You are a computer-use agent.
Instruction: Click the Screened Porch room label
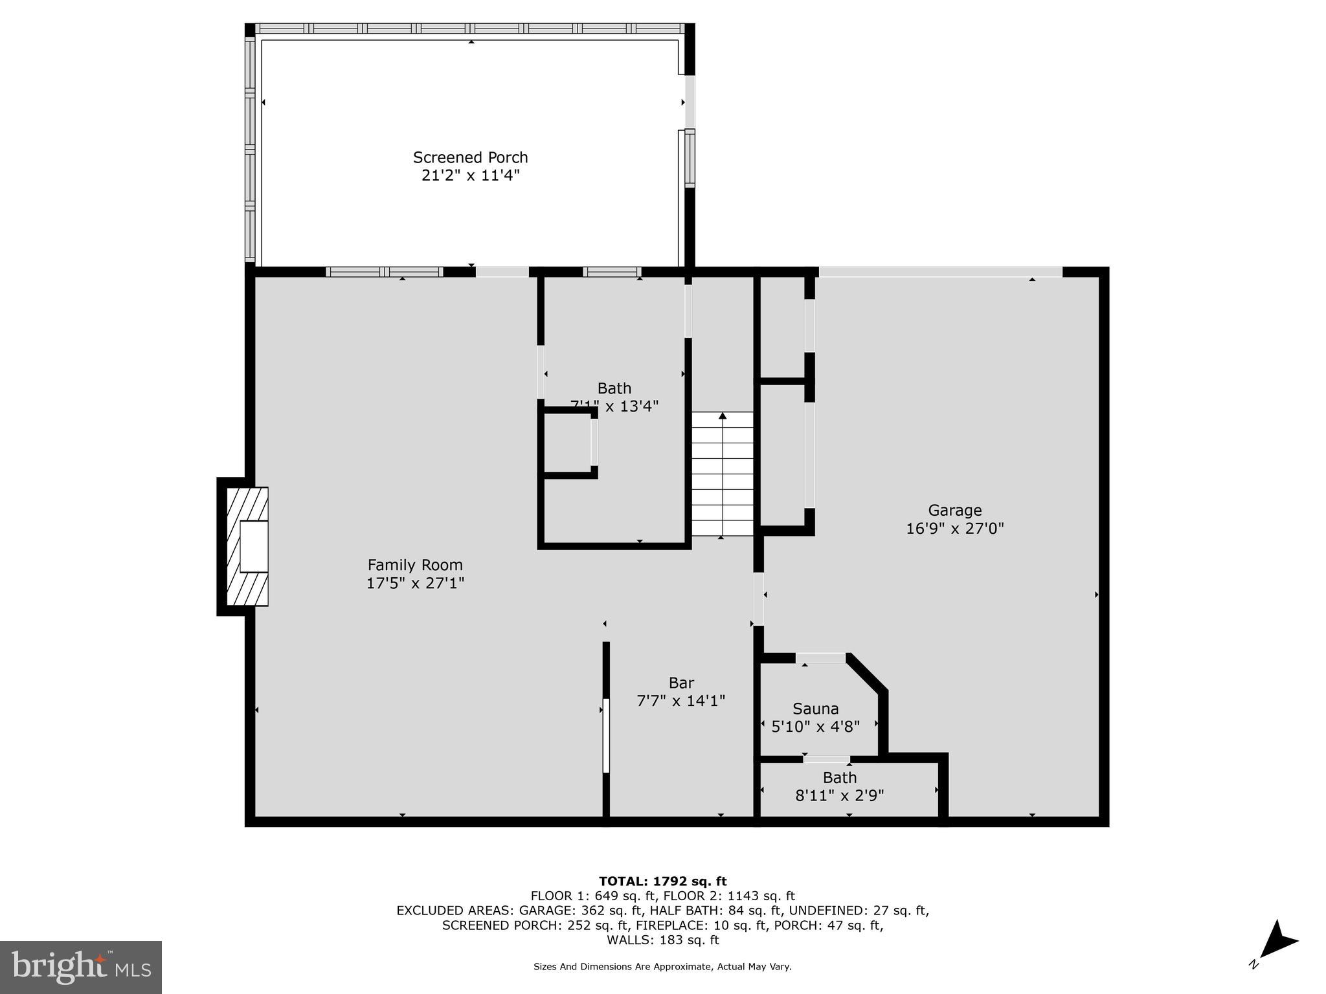[x=471, y=157]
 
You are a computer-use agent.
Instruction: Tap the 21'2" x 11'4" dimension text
[x=471, y=175]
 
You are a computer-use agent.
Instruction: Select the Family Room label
[x=415, y=565]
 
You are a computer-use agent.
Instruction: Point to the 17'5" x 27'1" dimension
[x=415, y=583]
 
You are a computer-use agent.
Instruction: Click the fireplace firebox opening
[x=254, y=547]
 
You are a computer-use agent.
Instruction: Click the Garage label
[x=954, y=511]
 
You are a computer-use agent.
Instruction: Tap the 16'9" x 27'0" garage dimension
[x=954, y=529]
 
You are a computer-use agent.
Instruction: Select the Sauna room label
[x=815, y=709]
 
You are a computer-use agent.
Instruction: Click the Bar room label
[x=681, y=683]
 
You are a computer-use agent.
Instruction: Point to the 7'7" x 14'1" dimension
[x=681, y=701]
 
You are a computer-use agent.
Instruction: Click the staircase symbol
[x=723, y=474]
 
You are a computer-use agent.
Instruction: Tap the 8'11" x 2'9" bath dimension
[x=840, y=795]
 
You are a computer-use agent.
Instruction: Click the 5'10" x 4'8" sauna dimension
[x=815, y=727]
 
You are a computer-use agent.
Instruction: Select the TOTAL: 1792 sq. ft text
[x=662, y=881]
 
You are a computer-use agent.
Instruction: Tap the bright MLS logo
[x=81, y=967]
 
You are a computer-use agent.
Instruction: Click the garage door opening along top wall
[x=940, y=272]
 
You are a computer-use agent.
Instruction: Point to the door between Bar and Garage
[x=758, y=599]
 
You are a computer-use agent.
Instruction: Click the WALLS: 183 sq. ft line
[x=662, y=940]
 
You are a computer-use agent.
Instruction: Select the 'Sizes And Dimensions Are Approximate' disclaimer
[x=662, y=967]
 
